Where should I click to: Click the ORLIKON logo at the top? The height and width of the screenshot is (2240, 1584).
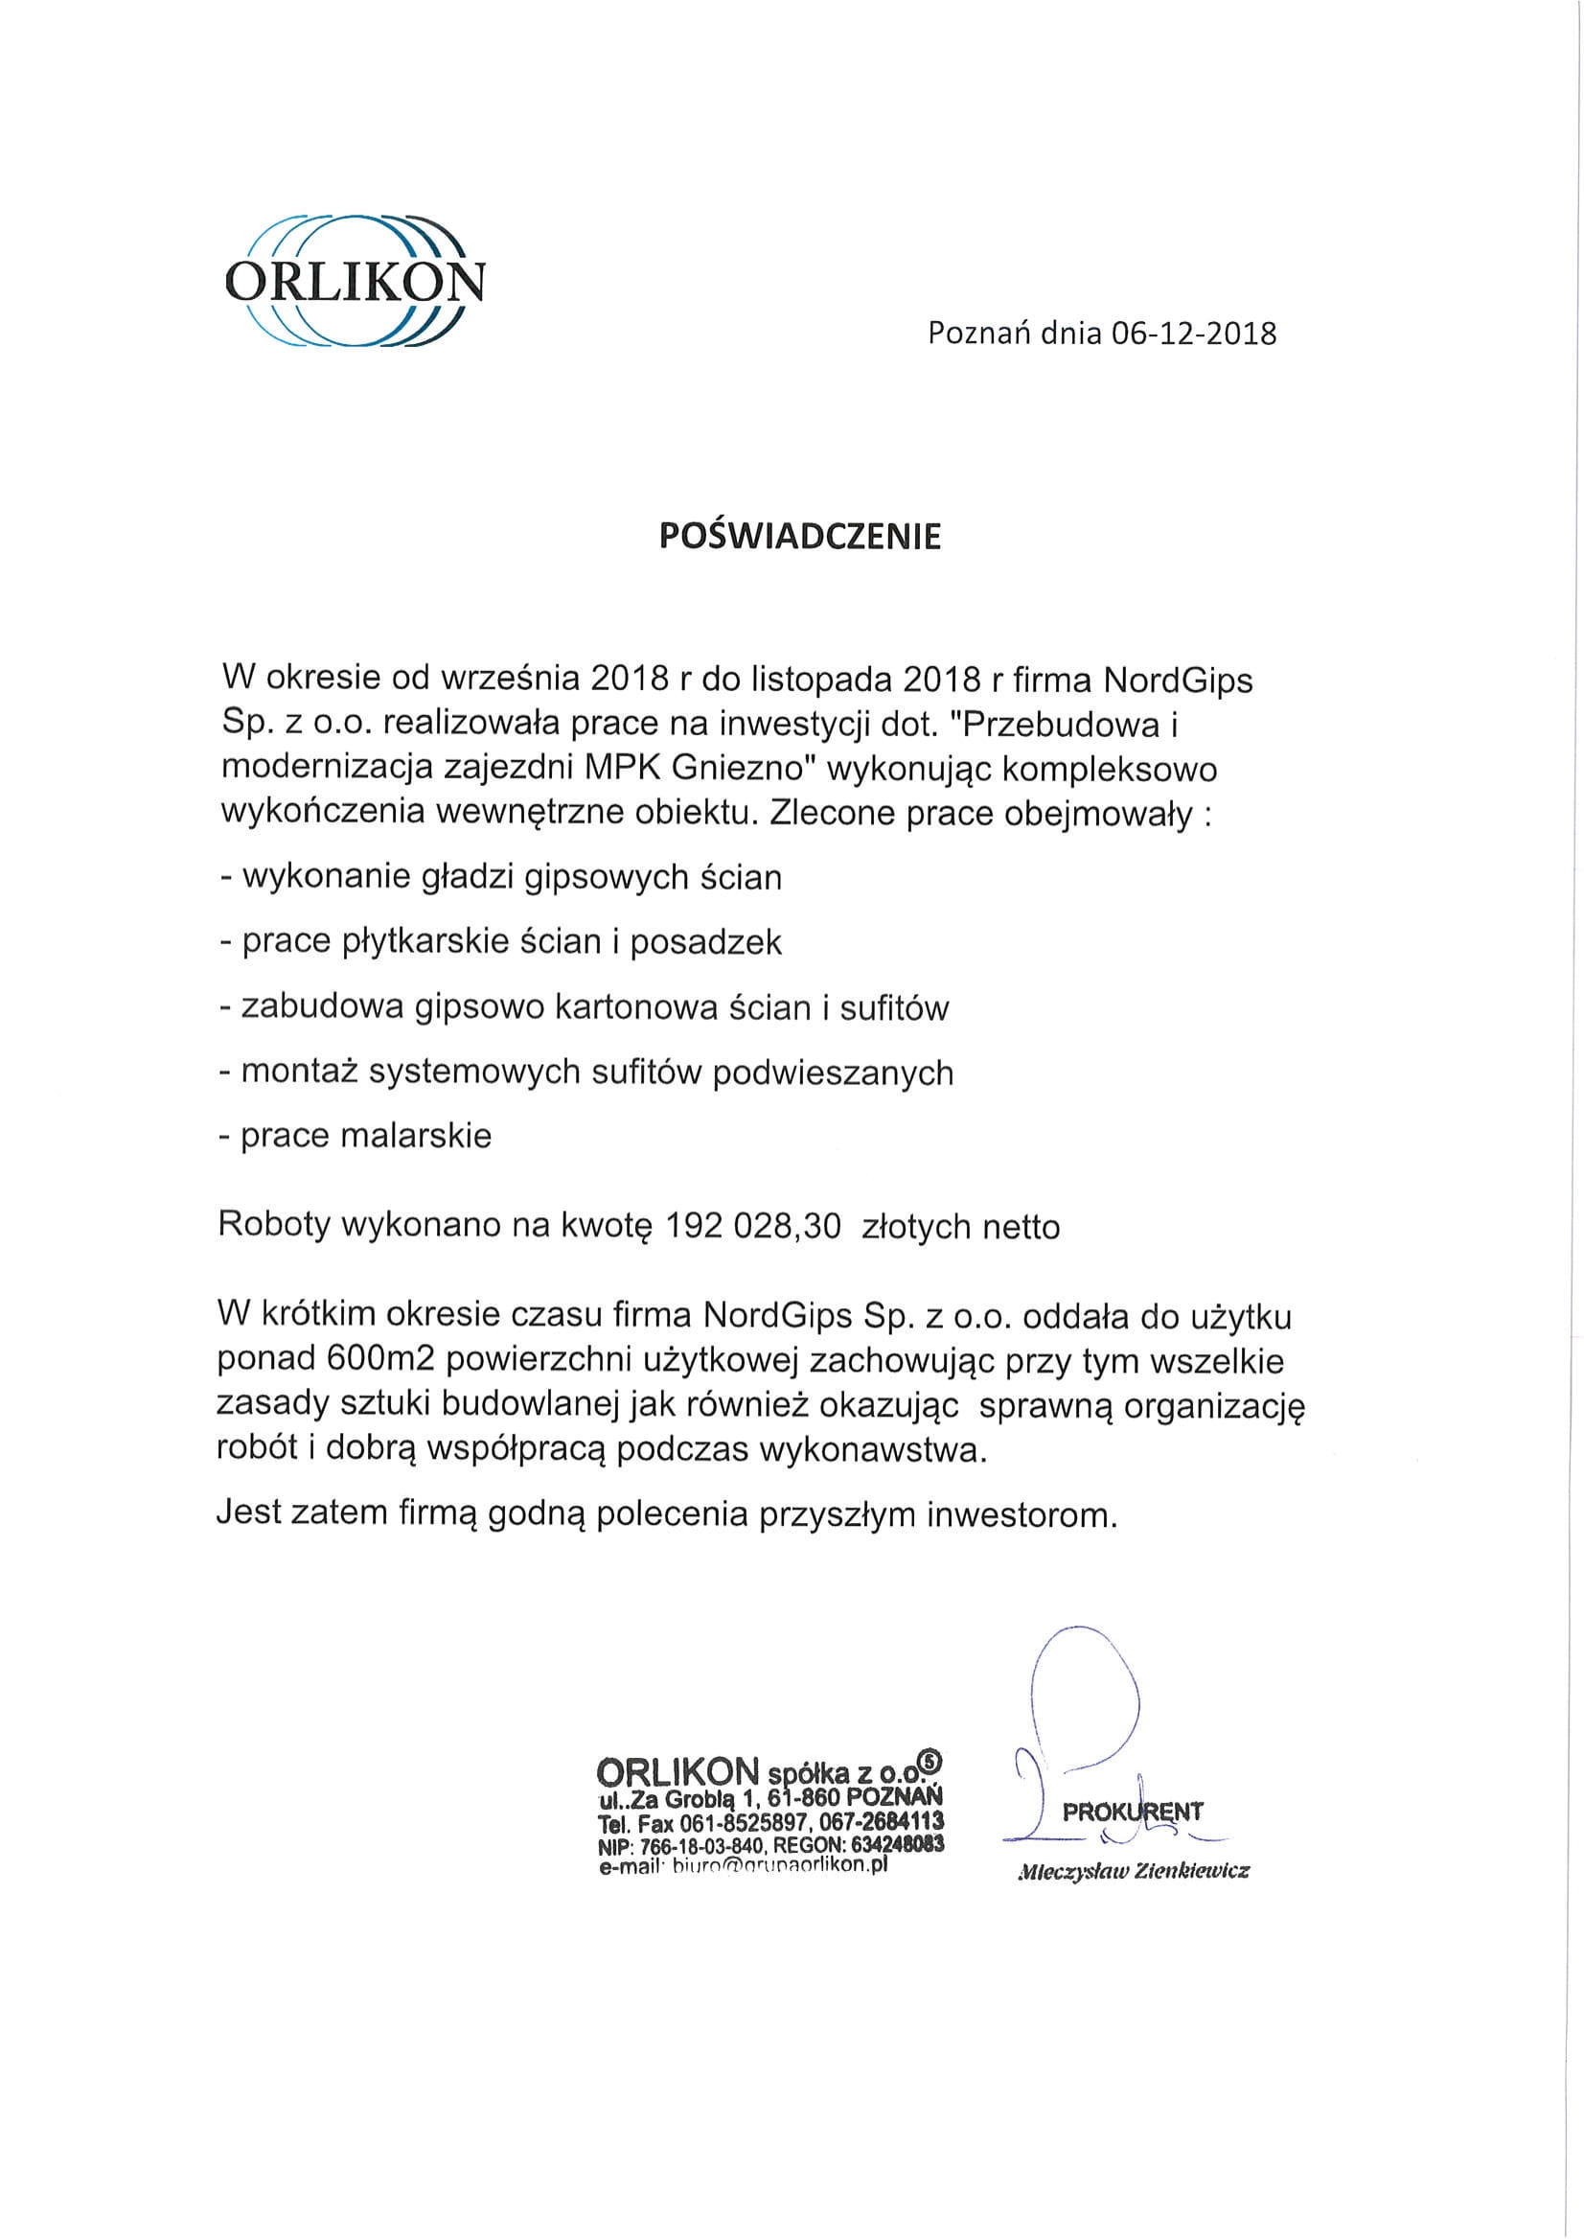[354, 280]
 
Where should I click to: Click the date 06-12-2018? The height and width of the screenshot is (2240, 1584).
[1191, 335]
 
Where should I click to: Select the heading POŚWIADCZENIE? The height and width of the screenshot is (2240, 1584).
[800, 538]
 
